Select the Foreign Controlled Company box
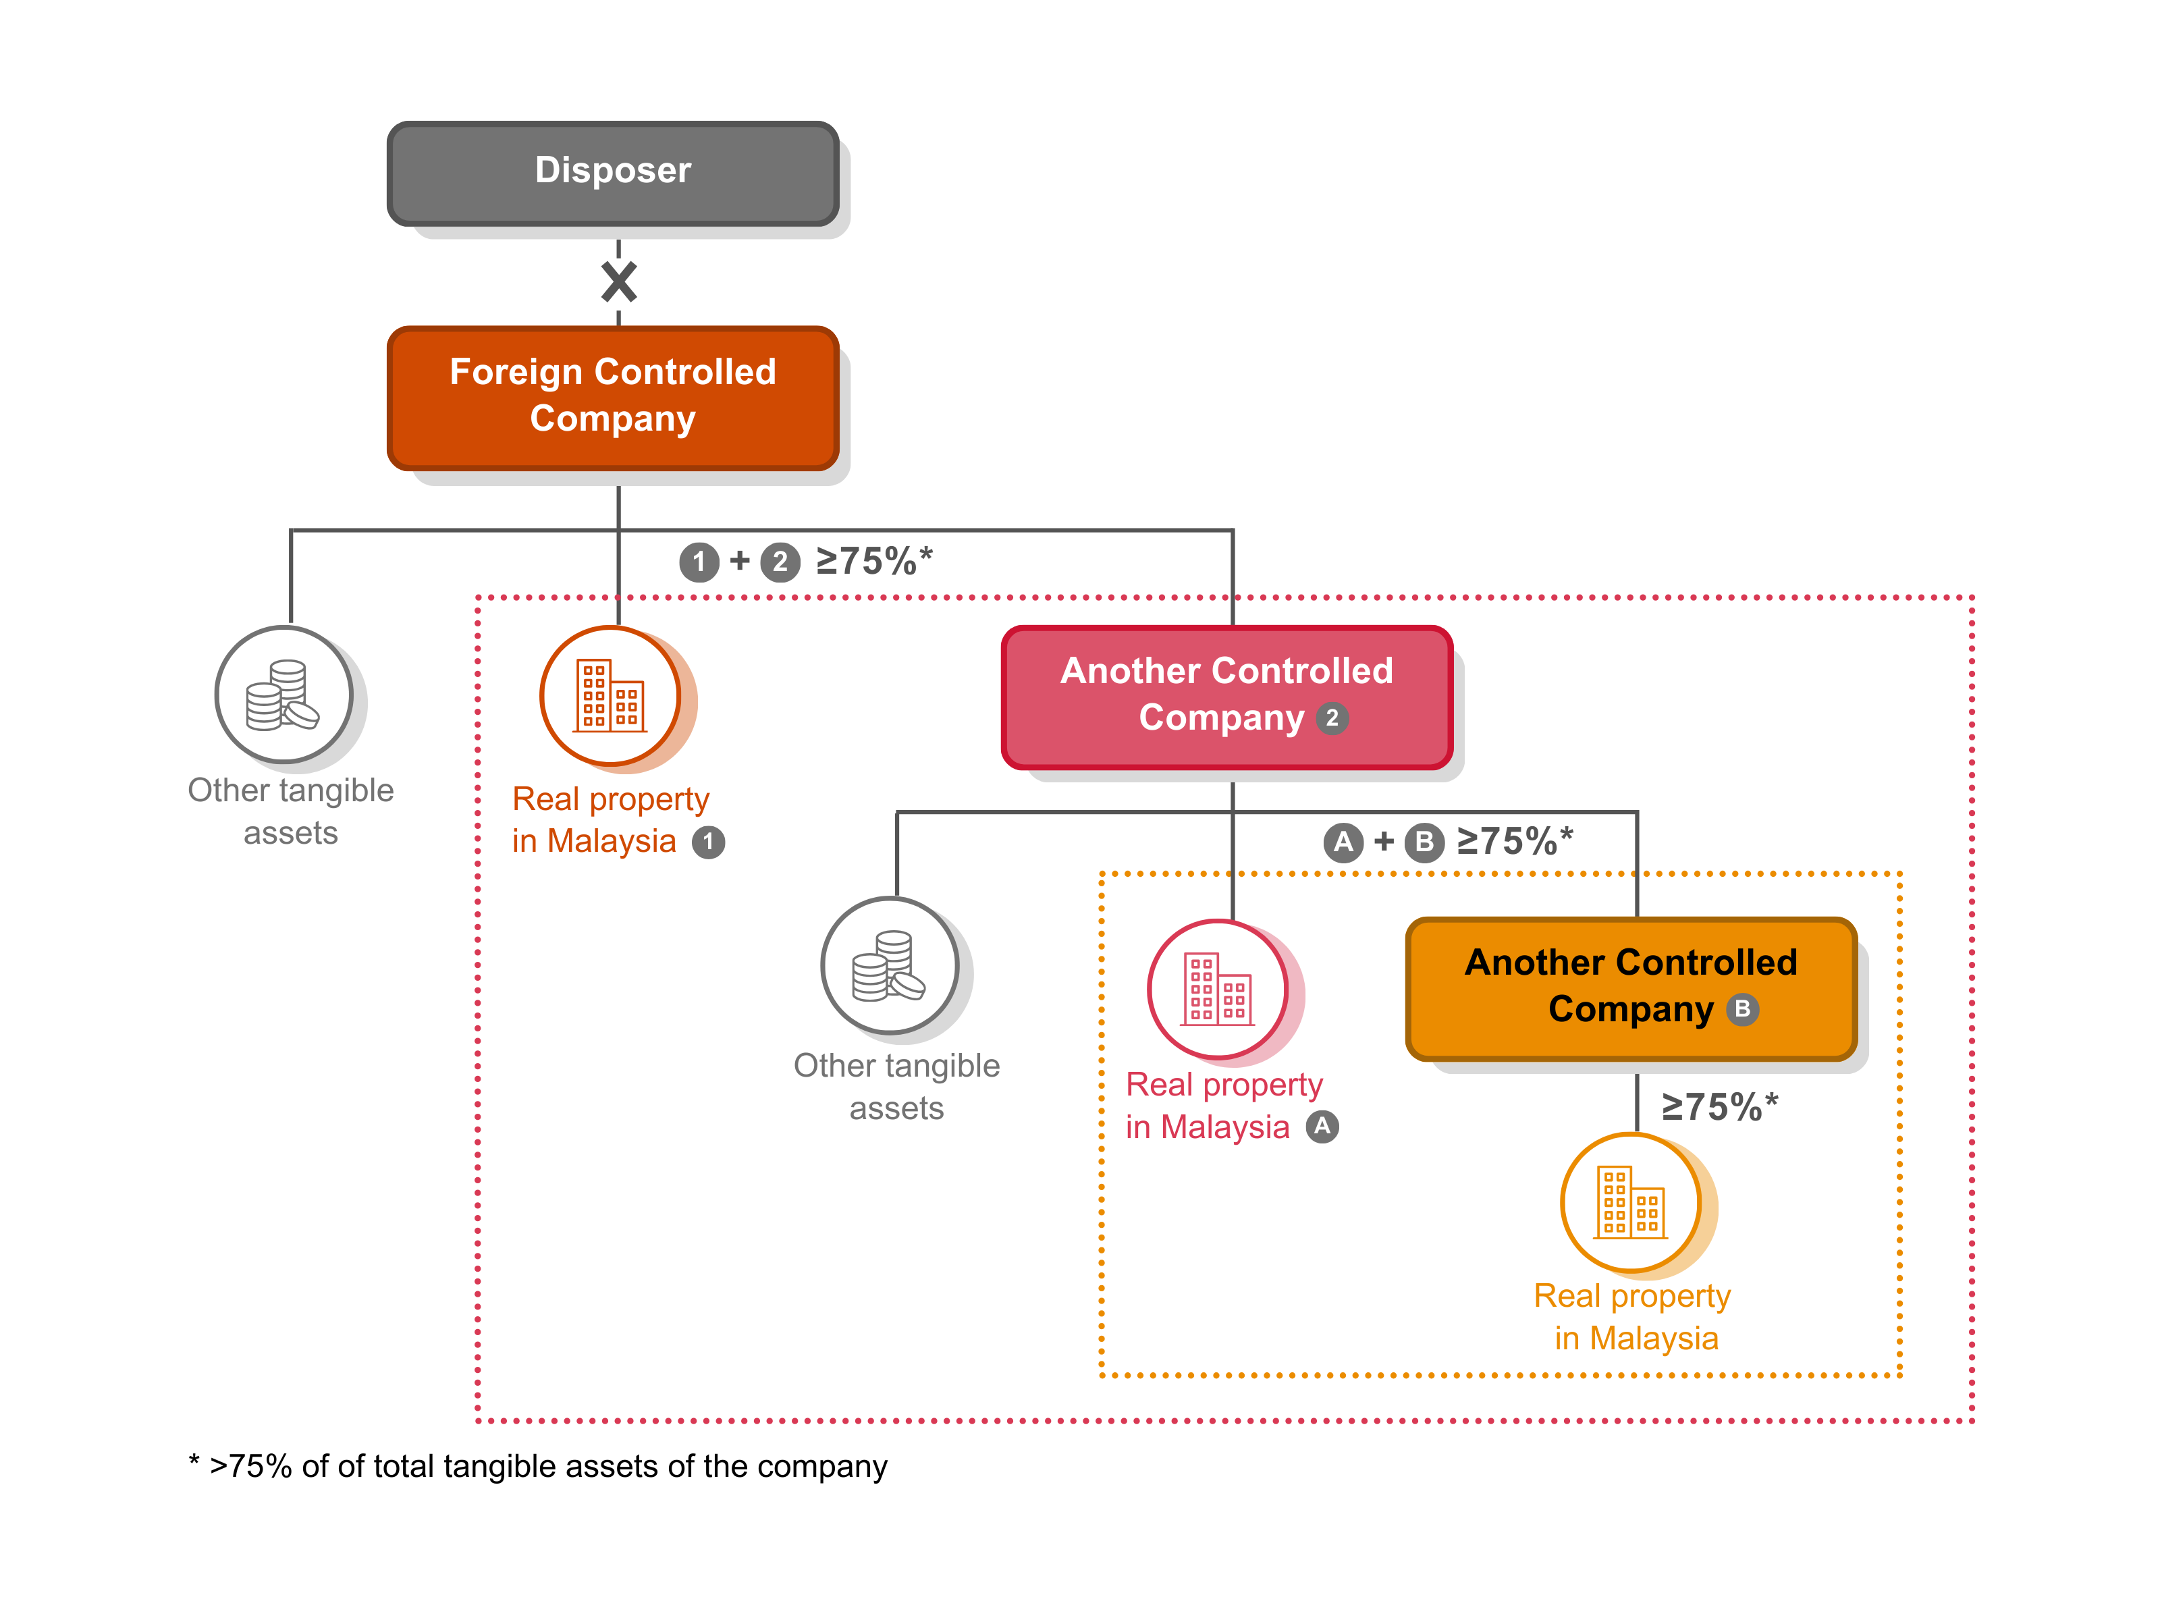[612, 396]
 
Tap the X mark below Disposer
[619, 282]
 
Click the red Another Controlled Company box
[1226, 695]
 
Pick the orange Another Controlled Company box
[1631, 986]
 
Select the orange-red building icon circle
[610, 695]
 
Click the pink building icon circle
[1218, 988]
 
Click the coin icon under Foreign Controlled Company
[283, 695]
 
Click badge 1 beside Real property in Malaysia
[708, 842]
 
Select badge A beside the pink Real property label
[1322, 1127]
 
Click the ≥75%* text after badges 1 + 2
[874, 562]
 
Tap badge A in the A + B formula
[1344, 842]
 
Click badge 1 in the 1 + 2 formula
[699, 562]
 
